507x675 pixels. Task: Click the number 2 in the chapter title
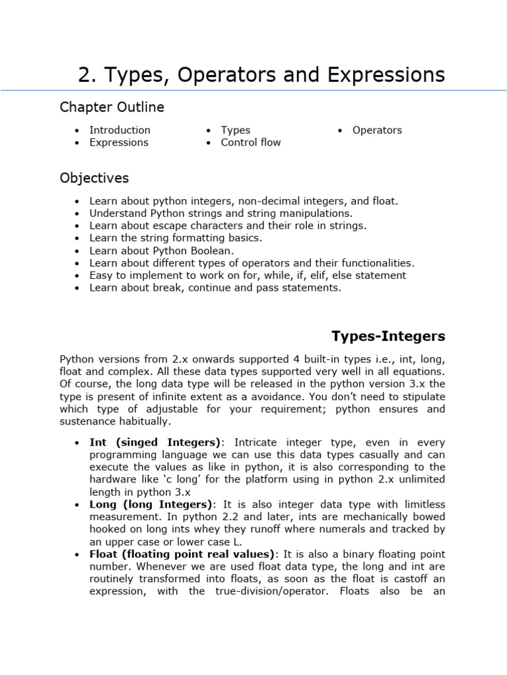pyautogui.click(x=84, y=75)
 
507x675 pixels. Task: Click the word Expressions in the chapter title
pyautogui.click(x=383, y=75)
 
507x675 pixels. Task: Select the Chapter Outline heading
pyautogui.click(x=112, y=107)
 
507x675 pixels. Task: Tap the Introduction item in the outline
pyautogui.click(x=119, y=130)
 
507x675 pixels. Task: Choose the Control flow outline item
pyautogui.click(x=250, y=142)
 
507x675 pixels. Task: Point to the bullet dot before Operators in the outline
pyautogui.click(x=340, y=131)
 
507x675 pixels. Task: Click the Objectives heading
pyautogui.click(x=94, y=178)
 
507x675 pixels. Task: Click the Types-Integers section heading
pyautogui.click(x=388, y=337)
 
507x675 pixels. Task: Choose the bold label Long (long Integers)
pyautogui.click(x=151, y=504)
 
